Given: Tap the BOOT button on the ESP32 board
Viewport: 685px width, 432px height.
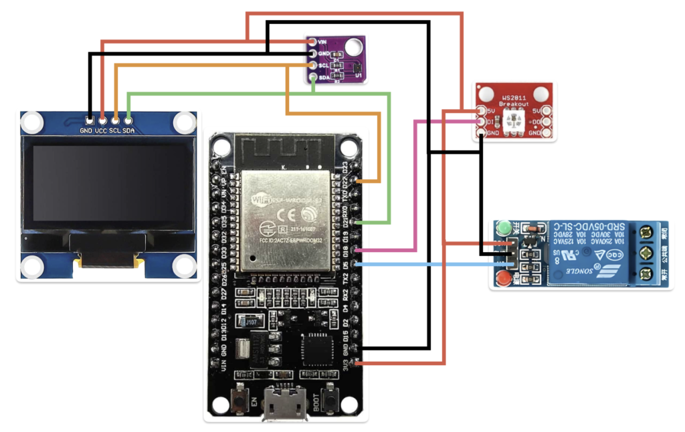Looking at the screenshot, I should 329,402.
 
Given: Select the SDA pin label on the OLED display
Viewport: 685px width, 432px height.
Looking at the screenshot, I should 128,130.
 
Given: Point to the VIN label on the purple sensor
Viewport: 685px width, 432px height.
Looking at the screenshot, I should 322,41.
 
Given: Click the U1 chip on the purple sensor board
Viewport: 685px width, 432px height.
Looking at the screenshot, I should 358,68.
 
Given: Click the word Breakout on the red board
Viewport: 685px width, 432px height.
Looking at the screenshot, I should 513,104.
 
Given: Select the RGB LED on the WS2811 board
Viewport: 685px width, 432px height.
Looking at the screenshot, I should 514,121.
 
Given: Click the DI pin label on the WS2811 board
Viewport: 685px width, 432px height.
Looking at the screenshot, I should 490,122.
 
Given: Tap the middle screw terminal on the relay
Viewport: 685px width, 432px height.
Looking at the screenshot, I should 646,254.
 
